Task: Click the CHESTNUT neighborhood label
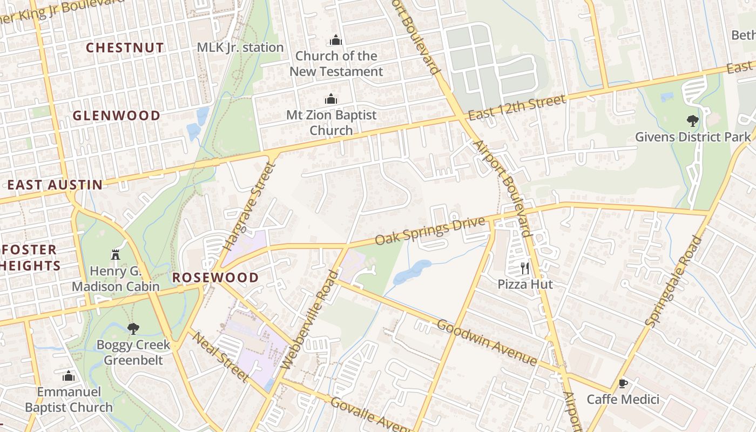(125, 48)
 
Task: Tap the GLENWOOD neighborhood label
(117, 116)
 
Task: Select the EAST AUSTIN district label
(55, 185)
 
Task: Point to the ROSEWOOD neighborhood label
(215, 278)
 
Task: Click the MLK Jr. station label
(240, 48)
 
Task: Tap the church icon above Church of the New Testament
(336, 40)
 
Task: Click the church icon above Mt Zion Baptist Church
(330, 99)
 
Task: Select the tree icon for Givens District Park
(692, 120)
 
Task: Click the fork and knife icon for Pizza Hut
(524, 267)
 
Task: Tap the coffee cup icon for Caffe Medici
(623, 383)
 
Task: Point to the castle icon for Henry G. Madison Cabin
(116, 254)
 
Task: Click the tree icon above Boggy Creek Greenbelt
(133, 328)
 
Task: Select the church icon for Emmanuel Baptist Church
(69, 376)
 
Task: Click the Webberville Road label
(309, 320)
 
